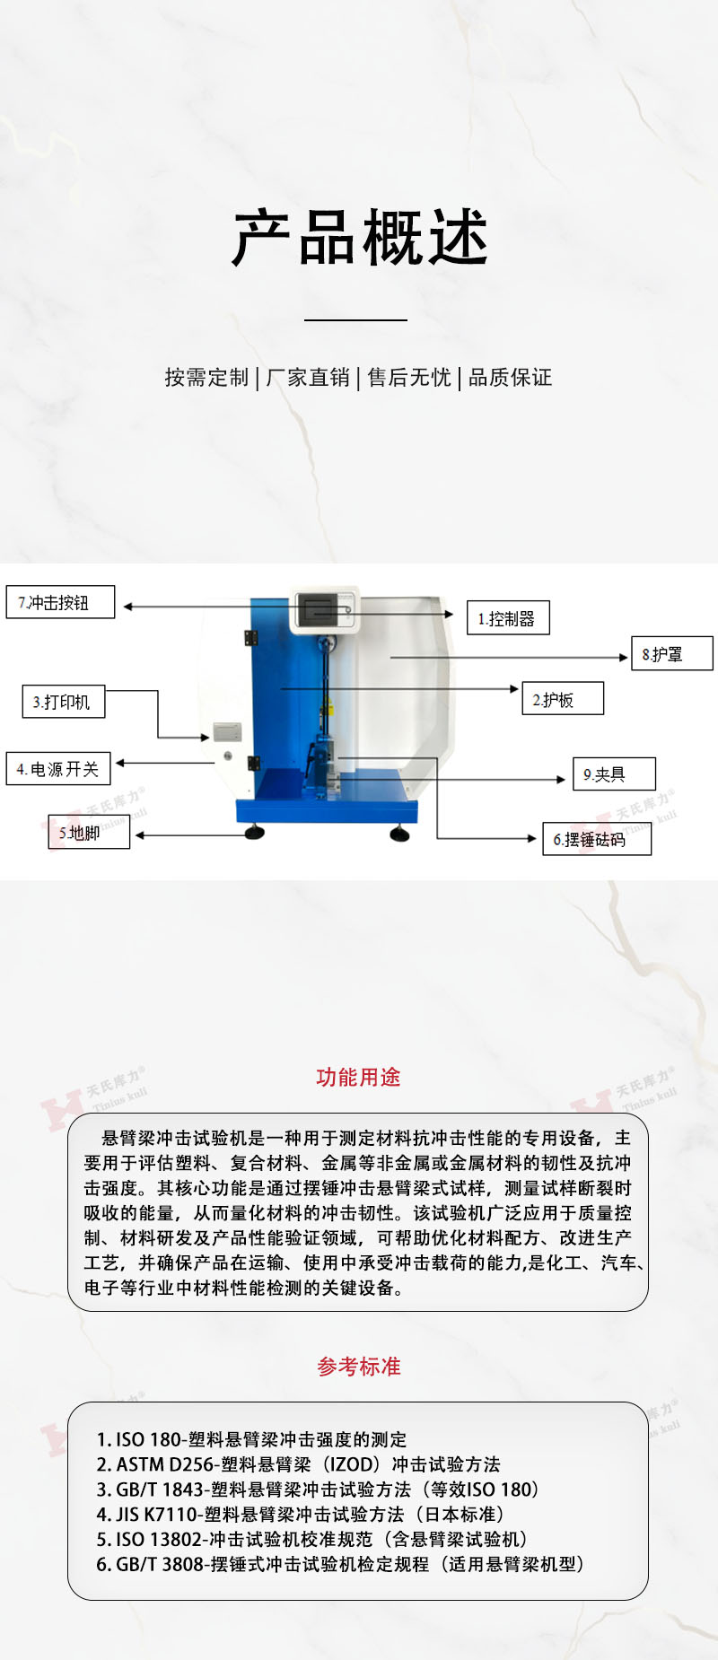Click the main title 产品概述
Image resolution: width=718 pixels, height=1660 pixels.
(x=360, y=239)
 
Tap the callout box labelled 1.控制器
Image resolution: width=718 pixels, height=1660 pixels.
(x=508, y=618)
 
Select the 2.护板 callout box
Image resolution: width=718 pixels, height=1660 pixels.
(x=563, y=699)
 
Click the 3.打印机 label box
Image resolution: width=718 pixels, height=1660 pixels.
(x=64, y=702)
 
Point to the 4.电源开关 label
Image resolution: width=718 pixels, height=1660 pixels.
(x=58, y=769)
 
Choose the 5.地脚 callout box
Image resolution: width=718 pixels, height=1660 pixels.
(x=89, y=833)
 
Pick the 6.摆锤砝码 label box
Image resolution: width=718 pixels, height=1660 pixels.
(x=597, y=839)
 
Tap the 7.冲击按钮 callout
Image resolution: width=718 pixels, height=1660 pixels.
(x=60, y=602)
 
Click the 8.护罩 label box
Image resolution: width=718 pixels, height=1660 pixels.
(x=672, y=653)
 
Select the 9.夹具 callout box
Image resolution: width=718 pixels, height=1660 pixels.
(x=615, y=773)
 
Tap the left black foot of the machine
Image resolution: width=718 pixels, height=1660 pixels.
(x=256, y=833)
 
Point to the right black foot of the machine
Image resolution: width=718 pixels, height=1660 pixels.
(x=399, y=834)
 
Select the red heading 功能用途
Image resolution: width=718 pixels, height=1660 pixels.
(x=358, y=1078)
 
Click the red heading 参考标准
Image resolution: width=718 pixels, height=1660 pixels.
(x=359, y=1367)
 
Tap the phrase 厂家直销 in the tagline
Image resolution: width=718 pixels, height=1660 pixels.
(x=308, y=378)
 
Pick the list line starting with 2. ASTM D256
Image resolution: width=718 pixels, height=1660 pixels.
(x=298, y=1464)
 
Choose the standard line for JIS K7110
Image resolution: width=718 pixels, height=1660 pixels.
(x=300, y=1515)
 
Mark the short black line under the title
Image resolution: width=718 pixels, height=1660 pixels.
(x=355, y=319)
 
